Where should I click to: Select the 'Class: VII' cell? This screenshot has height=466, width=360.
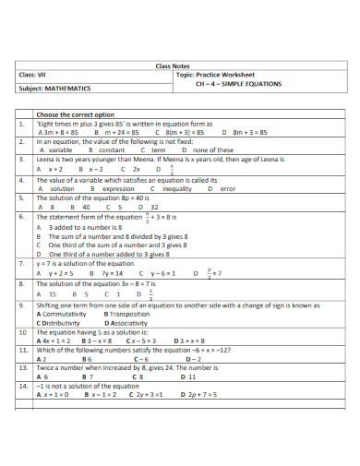(x=34, y=75)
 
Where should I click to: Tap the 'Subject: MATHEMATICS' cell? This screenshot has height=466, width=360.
(x=54, y=90)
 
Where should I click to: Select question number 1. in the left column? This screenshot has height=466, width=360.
(x=20, y=122)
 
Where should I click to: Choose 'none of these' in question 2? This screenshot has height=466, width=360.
(x=214, y=149)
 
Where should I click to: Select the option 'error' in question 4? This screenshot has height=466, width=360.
(x=228, y=188)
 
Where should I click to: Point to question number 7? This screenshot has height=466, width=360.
(x=20, y=263)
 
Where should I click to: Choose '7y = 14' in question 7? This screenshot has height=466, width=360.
(x=112, y=273)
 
